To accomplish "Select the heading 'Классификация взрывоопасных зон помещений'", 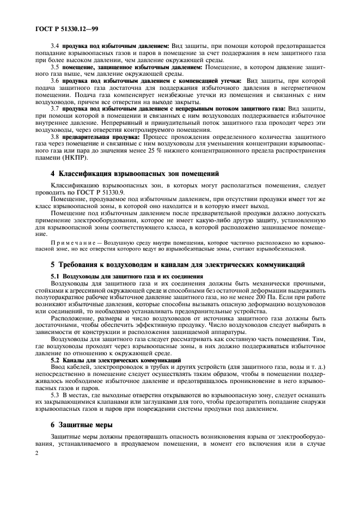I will pos(135,174).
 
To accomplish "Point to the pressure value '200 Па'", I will pos(278,297).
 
